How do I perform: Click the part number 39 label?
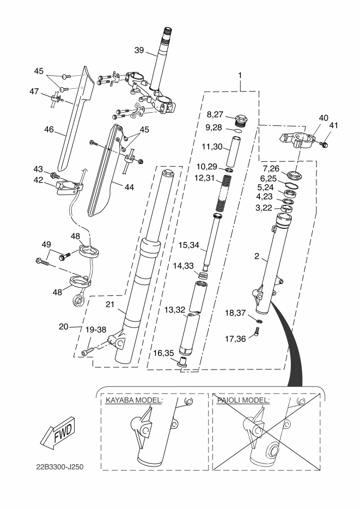tap(139, 50)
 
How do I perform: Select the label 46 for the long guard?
tap(49, 130)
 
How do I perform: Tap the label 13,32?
tap(176, 310)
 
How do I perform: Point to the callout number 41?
tap(334, 126)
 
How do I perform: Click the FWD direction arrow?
tap(56, 431)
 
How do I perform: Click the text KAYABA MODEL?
tap(134, 400)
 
